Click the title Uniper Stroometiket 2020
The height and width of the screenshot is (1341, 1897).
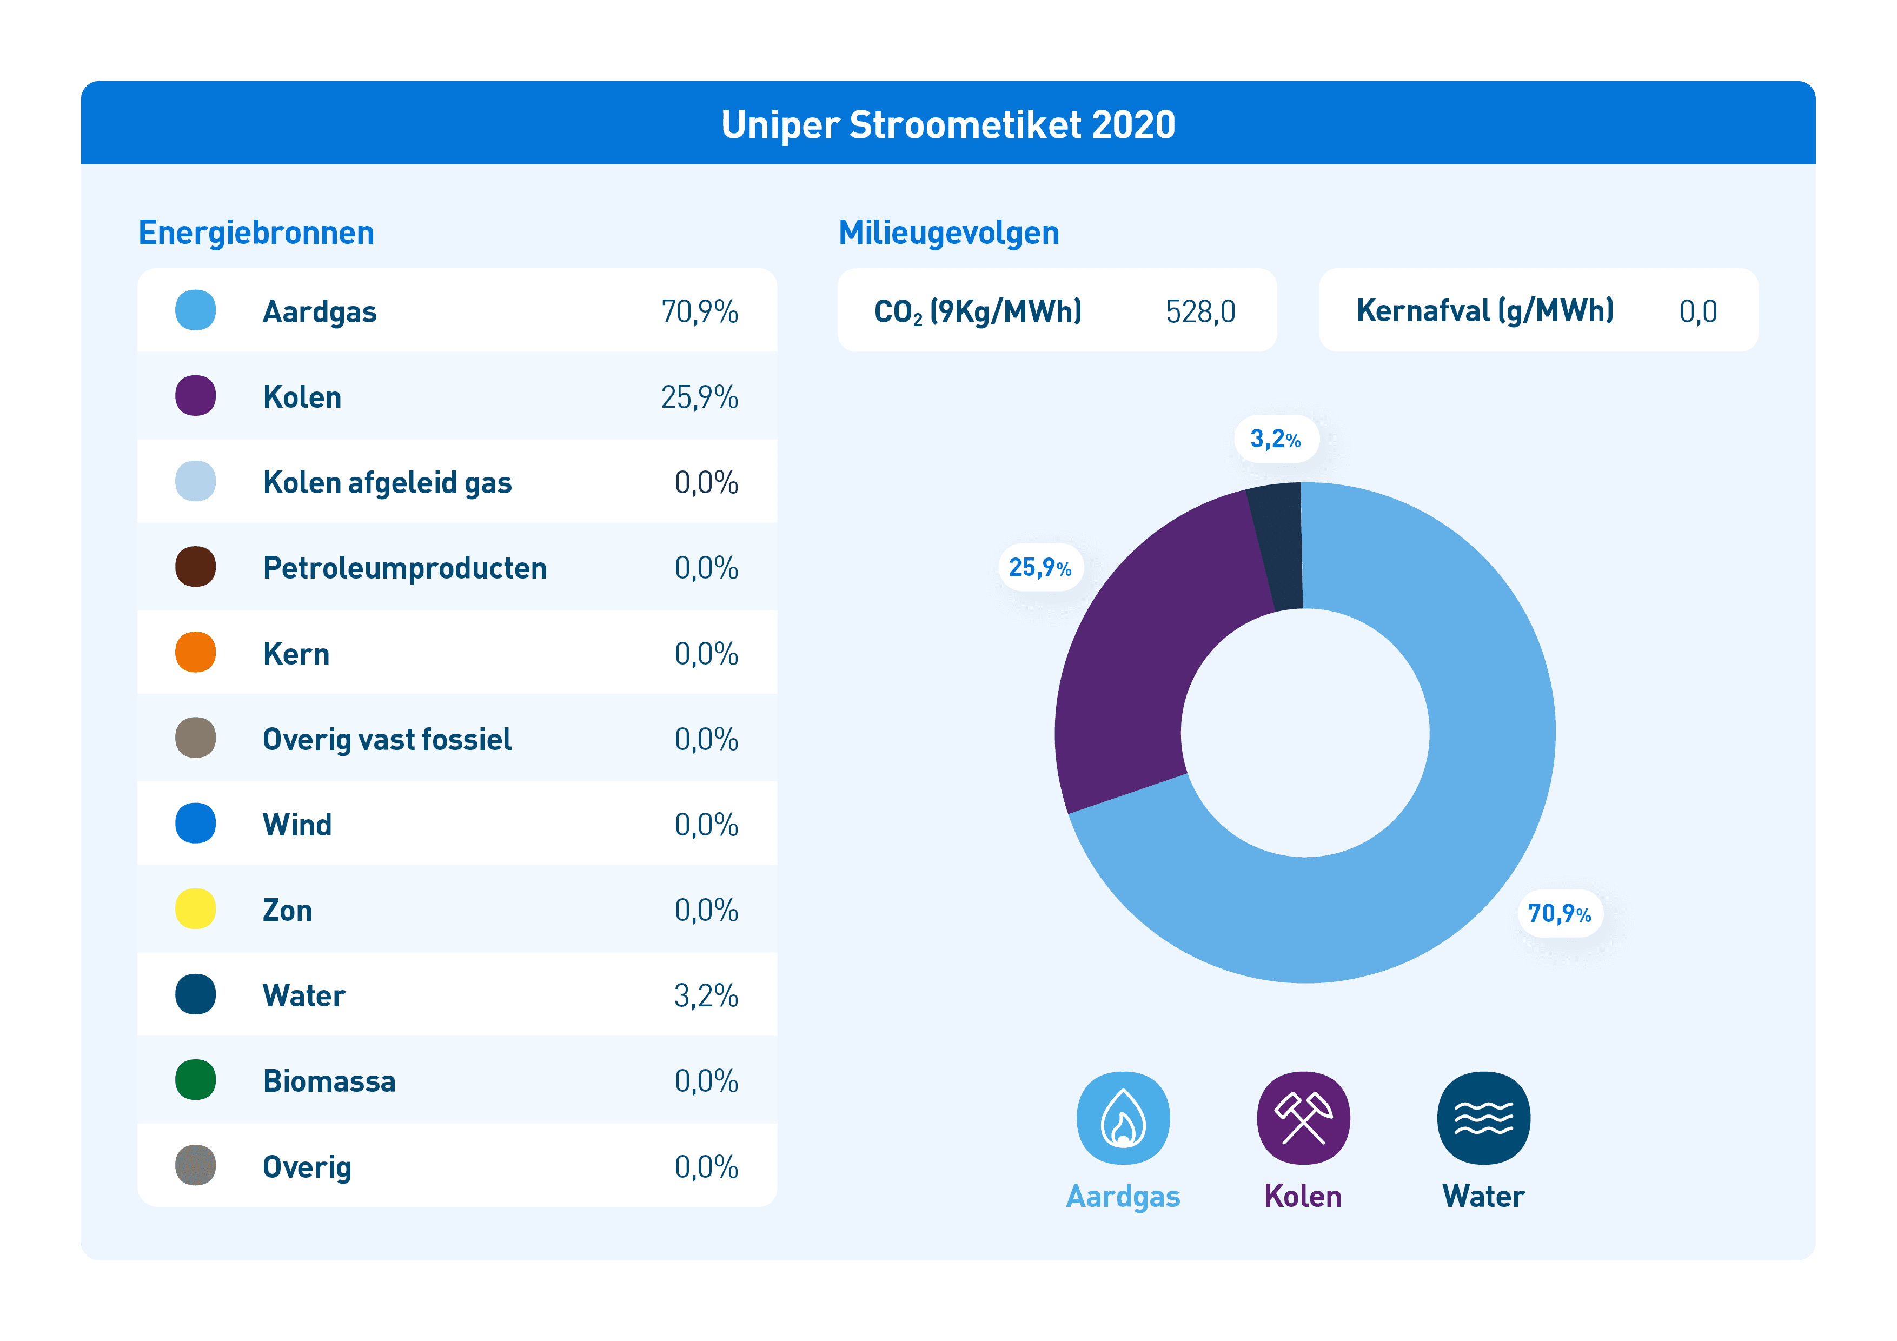tap(947, 125)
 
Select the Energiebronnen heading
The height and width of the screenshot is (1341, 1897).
tap(256, 233)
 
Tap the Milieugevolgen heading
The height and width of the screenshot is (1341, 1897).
tap(949, 233)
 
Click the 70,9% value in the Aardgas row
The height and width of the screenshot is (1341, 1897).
tap(699, 311)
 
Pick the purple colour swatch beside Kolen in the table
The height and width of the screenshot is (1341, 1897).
tap(196, 396)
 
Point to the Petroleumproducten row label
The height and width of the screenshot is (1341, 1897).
tap(405, 568)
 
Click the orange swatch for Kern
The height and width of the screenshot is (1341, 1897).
tap(196, 652)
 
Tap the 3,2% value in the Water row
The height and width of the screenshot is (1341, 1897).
tap(706, 995)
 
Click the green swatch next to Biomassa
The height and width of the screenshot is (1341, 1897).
tap(196, 1080)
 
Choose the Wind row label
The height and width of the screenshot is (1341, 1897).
tap(297, 825)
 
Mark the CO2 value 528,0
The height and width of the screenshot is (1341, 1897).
tap(1200, 311)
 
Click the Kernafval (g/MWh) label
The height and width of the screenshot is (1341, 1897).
tap(1485, 311)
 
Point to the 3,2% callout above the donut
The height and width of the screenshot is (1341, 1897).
tap(1276, 439)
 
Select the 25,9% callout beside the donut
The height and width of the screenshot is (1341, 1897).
tap(1040, 568)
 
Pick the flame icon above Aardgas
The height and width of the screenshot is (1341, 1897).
tap(1123, 1118)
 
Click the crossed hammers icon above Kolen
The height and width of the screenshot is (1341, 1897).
tap(1303, 1118)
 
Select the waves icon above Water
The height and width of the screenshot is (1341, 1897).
tap(1484, 1118)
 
